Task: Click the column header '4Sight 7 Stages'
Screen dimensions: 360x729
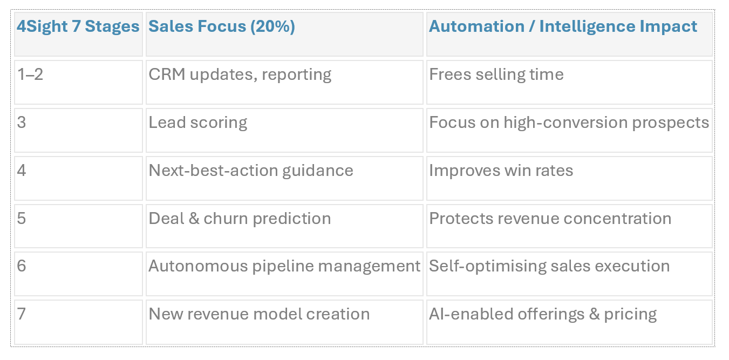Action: [78, 26]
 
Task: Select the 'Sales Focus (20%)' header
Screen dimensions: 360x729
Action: [222, 26]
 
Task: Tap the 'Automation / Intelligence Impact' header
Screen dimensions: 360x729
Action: [563, 26]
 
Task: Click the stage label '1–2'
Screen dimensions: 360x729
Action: [30, 74]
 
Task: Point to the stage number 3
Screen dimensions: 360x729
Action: [22, 123]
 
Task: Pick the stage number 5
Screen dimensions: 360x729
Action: [22, 219]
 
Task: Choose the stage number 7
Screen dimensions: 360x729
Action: [22, 314]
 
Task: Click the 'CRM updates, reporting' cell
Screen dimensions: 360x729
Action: [240, 74]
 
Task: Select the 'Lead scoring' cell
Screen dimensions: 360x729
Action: [198, 123]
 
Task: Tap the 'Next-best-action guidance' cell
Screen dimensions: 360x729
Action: [251, 171]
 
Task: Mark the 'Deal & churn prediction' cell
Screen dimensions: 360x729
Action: [240, 219]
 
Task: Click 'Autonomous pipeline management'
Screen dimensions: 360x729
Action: [284, 266]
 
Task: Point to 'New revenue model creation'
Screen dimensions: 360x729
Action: [259, 314]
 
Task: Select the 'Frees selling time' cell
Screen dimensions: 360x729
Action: [496, 74]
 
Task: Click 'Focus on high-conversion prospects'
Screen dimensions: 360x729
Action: [569, 123]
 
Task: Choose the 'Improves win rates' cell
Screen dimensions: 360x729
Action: [501, 171]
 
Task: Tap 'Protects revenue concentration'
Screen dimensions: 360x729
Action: [550, 219]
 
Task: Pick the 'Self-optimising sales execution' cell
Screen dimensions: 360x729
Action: [549, 266]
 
